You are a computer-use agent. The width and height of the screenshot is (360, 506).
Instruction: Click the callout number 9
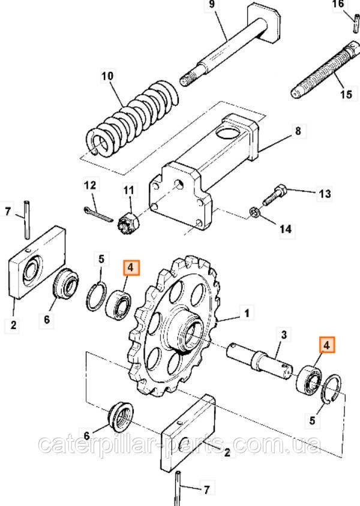(x=211, y=5)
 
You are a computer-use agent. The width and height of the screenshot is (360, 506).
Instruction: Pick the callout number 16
(x=355, y=5)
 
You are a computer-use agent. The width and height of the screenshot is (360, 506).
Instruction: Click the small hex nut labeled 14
(x=253, y=212)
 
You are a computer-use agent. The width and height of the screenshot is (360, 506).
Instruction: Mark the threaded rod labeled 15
(x=322, y=70)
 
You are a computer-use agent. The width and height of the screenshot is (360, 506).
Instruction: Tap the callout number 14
(x=285, y=229)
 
